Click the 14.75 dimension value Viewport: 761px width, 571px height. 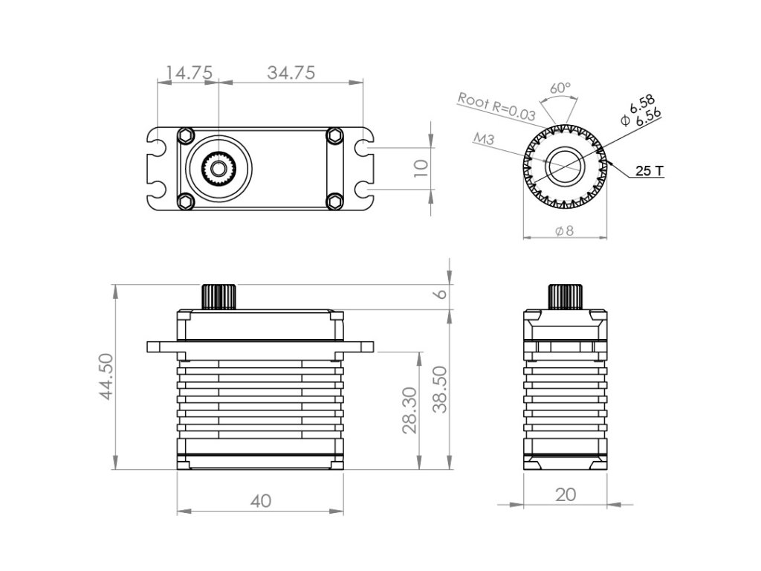coord(189,73)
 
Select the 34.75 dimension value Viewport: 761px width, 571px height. coord(291,73)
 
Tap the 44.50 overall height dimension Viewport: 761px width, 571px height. coord(106,377)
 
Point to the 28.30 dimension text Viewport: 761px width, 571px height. coord(409,410)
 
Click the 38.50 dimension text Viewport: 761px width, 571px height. coord(440,390)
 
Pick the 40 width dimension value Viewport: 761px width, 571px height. coord(261,501)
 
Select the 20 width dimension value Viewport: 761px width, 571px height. coord(566,494)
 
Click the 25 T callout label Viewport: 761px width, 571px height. coord(650,171)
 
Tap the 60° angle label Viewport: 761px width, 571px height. coord(560,88)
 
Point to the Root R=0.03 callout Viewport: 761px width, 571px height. coord(496,106)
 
